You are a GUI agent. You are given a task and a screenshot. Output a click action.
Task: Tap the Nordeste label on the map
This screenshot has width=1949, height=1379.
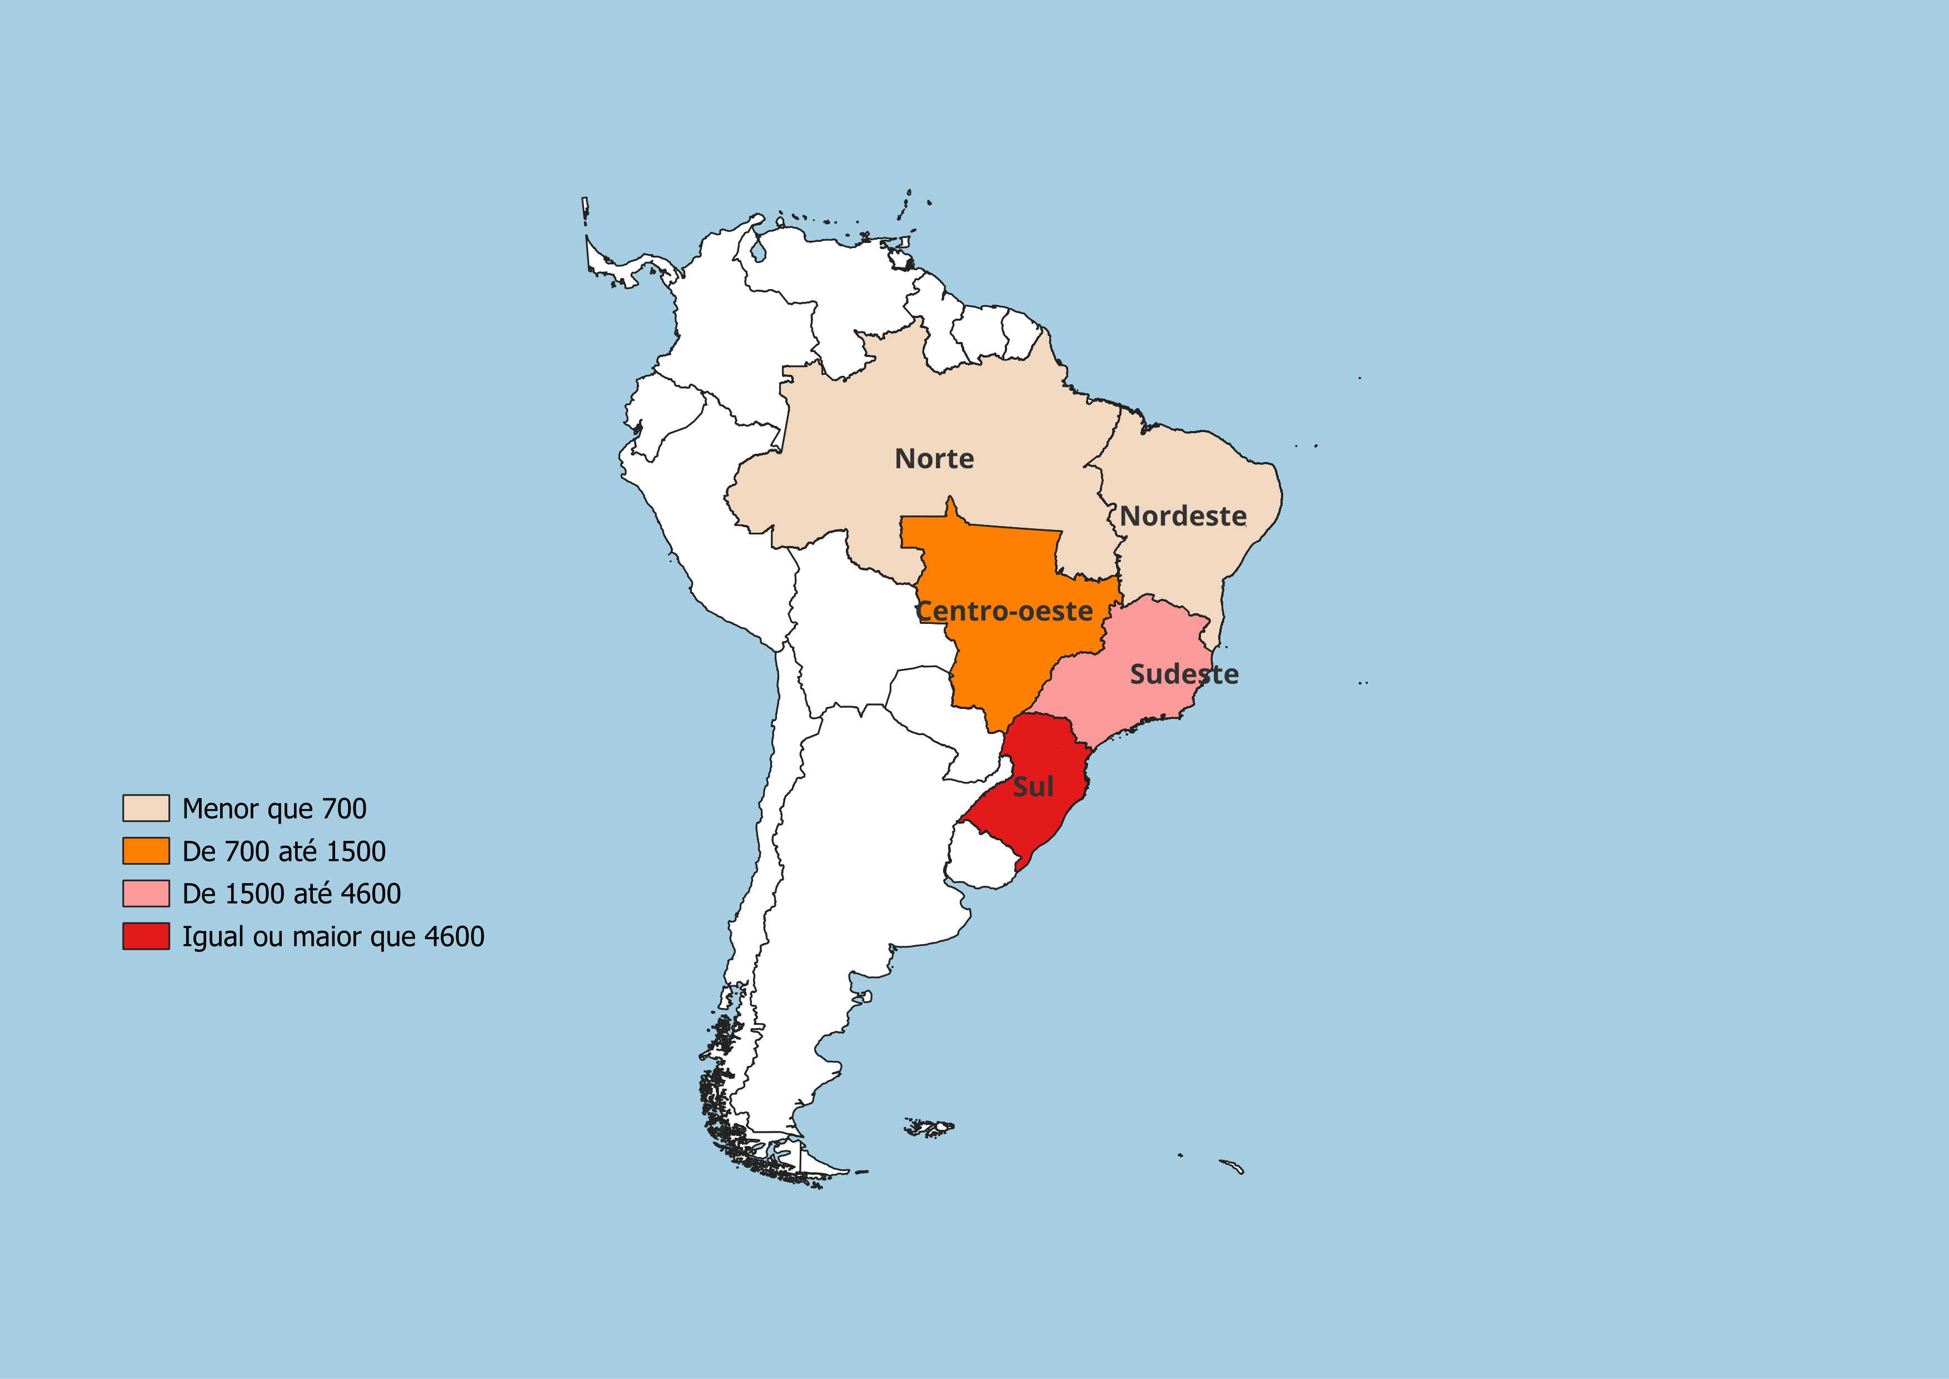tap(1183, 516)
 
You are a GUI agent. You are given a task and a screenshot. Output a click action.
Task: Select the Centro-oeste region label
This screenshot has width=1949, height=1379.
tap(1005, 612)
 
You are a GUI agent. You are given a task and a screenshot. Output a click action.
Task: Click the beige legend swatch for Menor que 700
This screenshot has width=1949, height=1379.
tap(146, 808)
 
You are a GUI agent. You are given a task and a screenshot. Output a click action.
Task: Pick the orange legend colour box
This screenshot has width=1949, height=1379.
tap(146, 851)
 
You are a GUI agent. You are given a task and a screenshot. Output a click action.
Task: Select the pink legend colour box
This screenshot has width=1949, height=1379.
tap(146, 894)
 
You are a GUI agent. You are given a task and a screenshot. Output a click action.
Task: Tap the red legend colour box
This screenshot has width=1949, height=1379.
tap(146, 936)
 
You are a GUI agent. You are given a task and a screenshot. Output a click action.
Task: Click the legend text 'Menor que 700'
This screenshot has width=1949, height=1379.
tap(274, 808)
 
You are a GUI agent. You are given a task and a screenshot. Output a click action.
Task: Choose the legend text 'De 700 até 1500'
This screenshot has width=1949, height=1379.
tap(283, 851)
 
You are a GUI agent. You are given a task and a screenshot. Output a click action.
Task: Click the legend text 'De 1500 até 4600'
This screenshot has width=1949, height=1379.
tap(291, 894)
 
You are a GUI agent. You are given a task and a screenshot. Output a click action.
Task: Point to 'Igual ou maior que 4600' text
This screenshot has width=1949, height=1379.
tap(333, 936)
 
